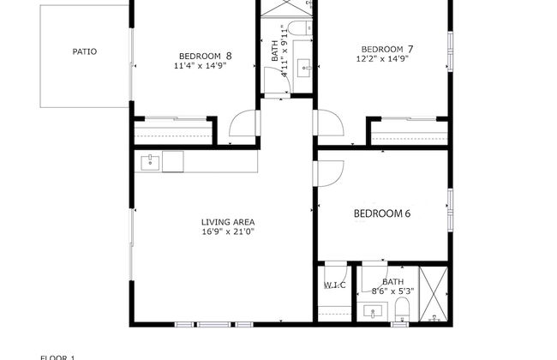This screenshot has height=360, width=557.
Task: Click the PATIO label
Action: (x=84, y=51)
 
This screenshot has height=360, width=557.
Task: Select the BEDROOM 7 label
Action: (x=387, y=49)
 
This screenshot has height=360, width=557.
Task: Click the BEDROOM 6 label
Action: (x=383, y=214)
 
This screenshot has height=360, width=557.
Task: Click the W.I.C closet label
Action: (x=335, y=285)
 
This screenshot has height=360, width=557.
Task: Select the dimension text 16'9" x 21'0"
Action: (x=228, y=231)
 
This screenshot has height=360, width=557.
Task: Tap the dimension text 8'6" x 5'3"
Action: (x=392, y=291)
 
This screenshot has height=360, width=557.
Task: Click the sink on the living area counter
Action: (x=150, y=160)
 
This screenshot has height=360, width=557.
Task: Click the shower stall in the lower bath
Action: (x=434, y=294)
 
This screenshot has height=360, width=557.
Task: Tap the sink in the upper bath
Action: (x=303, y=66)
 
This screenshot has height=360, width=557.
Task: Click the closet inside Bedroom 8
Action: (x=174, y=133)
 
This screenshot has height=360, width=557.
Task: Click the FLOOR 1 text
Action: (x=58, y=356)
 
